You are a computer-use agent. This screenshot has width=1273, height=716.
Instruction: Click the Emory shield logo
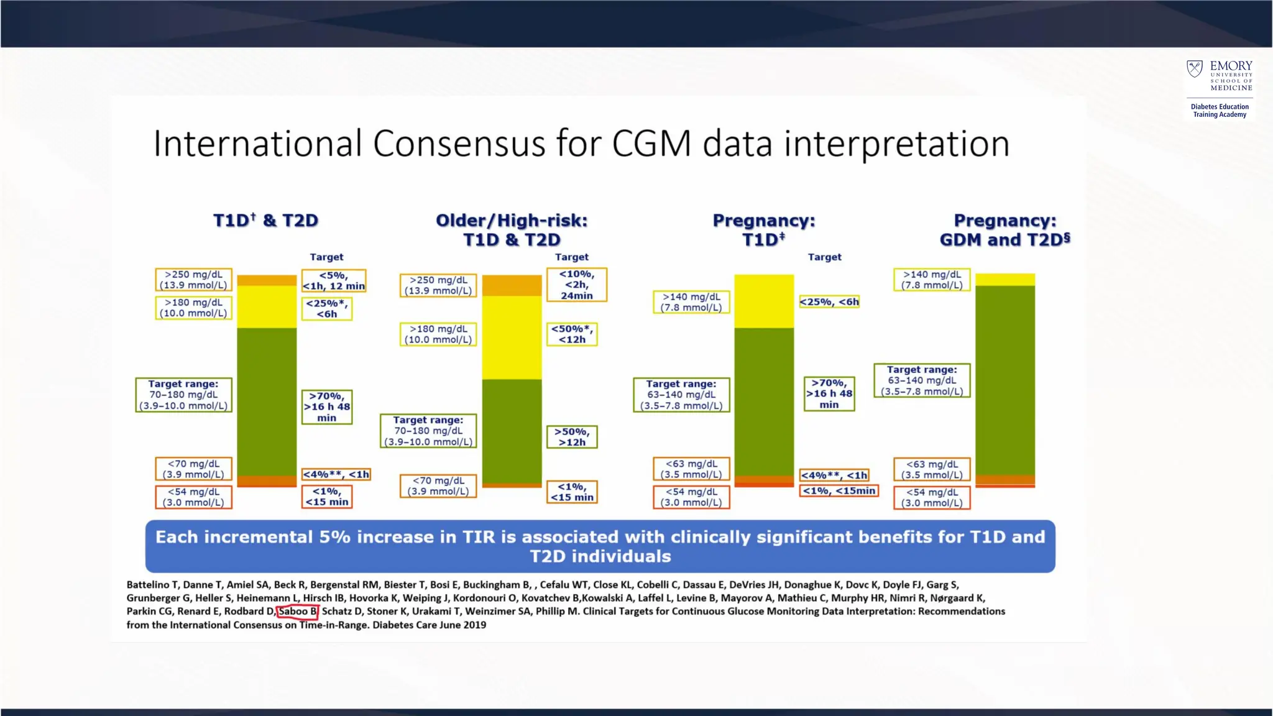coord(1195,68)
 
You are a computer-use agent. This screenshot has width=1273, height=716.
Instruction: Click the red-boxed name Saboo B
coord(298,612)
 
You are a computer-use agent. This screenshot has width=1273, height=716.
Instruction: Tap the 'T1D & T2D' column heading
coord(265,221)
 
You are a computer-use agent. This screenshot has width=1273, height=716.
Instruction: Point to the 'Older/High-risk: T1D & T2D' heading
coord(512,230)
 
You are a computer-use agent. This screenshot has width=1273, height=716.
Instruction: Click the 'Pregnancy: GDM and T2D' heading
coord(1005,230)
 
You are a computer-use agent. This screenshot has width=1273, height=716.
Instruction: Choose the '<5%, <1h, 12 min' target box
coord(334,280)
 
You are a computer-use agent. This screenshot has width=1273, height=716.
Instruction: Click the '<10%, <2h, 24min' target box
coord(576,285)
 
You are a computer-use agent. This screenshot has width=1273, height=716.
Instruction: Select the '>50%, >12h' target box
coord(572,437)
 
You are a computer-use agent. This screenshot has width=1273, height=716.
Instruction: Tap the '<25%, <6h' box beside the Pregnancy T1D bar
coord(829,302)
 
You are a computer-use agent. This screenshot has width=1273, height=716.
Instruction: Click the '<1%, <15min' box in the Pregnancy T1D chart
coord(839,491)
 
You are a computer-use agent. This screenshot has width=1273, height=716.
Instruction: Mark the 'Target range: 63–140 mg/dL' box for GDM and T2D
coord(922,380)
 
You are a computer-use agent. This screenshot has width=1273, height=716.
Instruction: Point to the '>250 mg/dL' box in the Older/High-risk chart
coord(438,285)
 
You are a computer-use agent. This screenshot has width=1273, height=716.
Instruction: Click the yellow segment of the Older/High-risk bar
coord(512,337)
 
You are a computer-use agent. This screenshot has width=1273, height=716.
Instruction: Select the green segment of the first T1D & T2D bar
coord(267,402)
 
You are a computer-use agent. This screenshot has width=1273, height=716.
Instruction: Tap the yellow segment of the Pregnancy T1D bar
coord(764,301)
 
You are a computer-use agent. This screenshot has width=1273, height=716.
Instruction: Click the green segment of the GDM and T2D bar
coord(1005,380)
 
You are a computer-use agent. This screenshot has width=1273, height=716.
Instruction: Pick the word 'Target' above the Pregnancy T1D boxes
coord(824,257)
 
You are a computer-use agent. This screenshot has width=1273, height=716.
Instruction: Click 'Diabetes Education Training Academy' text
coord(1220,111)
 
